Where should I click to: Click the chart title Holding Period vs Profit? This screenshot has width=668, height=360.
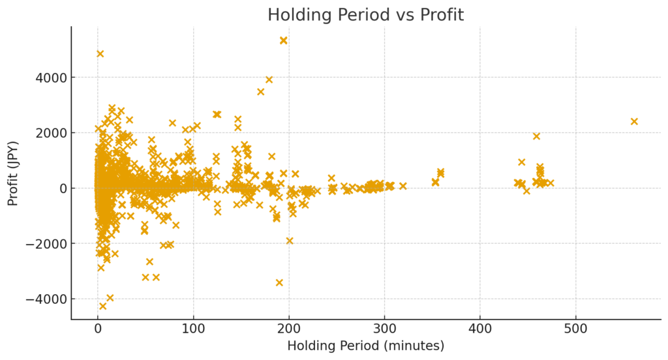pos(365,15)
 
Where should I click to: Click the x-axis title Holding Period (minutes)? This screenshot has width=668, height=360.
pos(365,346)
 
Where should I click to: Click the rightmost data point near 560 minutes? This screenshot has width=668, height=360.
pos(633,121)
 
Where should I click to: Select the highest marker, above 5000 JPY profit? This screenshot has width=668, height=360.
pos(283,40)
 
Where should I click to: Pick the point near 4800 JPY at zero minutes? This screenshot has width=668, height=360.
pos(100,53)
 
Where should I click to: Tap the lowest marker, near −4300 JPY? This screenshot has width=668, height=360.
pos(102,306)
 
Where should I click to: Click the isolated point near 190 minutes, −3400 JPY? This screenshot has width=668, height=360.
pos(279,282)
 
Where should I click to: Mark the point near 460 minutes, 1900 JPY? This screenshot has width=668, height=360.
pos(536,136)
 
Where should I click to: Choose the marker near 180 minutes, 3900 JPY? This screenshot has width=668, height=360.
pos(269,80)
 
